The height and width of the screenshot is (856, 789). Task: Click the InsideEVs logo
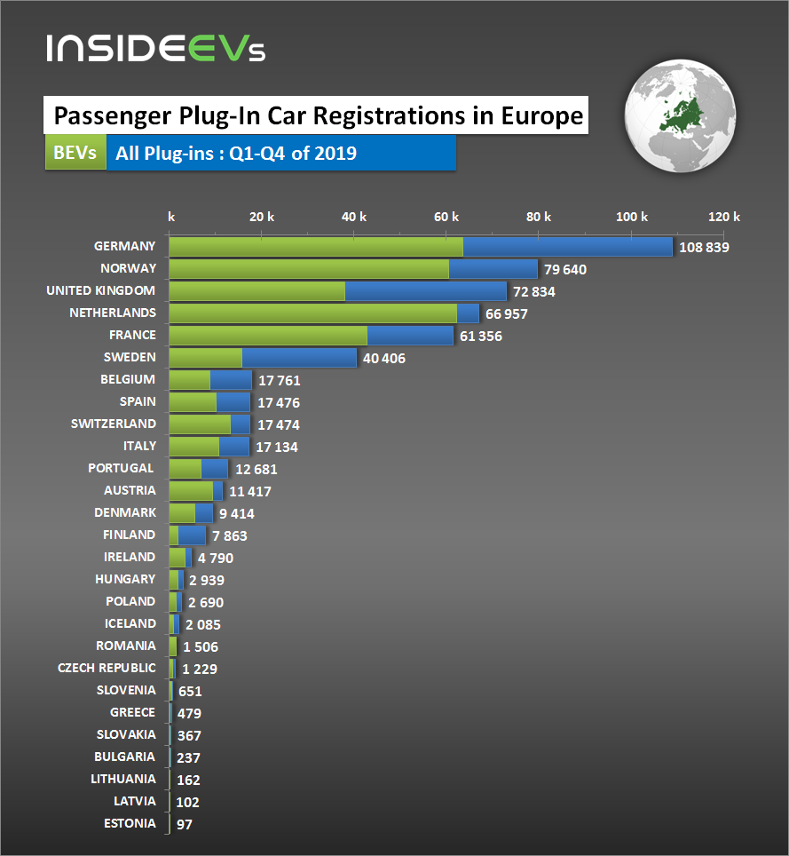point(156,48)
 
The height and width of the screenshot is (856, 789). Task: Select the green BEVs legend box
point(75,153)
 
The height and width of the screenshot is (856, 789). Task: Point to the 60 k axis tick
point(447,217)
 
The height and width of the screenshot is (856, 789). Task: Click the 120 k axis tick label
point(724,217)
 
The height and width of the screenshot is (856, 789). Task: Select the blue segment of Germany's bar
point(567,247)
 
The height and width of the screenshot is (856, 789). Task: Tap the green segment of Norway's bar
point(309,269)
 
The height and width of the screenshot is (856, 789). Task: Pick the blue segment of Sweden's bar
point(298,358)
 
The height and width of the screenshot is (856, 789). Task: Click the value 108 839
point(704,248)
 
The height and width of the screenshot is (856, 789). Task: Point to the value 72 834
point(538,292)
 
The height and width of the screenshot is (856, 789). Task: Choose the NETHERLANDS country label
point(113,313)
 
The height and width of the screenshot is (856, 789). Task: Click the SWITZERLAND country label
point(114,424)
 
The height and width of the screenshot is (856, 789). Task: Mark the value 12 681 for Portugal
point(256,470)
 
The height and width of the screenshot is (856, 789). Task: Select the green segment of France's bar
point(267,336)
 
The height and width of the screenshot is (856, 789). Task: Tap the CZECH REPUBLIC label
point(107,668)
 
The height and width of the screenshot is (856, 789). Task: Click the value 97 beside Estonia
point(185,825)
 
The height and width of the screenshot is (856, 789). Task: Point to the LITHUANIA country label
point(122,779)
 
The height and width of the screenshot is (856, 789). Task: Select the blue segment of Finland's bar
point(192,535)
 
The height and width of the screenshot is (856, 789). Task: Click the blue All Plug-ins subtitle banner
point(280,153)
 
